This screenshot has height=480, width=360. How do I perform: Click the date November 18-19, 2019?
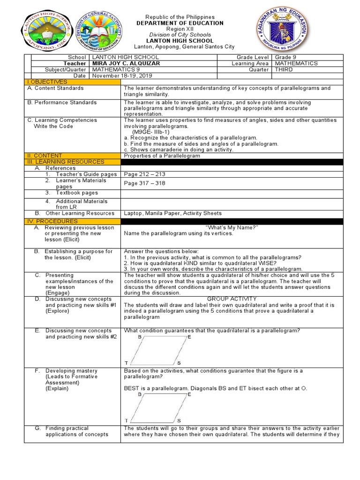tap(122, 76)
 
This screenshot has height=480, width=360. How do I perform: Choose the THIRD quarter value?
tap(284, 69)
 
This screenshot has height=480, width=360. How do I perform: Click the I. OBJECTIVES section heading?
tap(47, 82)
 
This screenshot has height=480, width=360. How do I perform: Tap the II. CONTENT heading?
tap(45, 156)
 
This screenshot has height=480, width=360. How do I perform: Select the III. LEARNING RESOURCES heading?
tap(66, 162)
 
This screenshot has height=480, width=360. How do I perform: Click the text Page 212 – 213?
tap(144, 174)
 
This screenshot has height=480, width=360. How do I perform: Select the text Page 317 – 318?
tap(144, 183)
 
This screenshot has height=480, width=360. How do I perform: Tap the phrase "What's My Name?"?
tap(232, 227)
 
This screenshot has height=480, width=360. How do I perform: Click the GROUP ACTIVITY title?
tap(232, 299)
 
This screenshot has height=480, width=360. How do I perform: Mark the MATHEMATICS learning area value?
tap(296, 63)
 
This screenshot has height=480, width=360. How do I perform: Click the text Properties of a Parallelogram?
tap(162, 156)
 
